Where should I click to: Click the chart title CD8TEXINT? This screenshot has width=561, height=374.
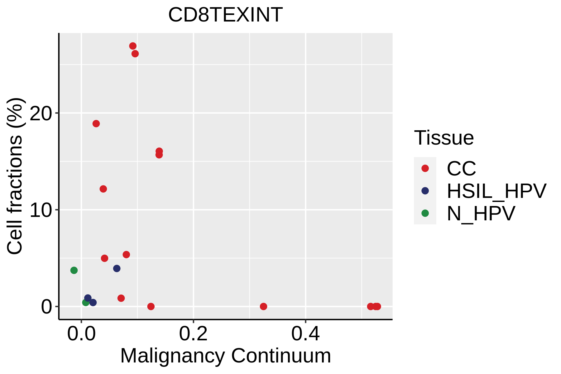(x=225, y=15)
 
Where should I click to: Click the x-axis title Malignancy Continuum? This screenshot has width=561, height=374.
(x=225, y=356)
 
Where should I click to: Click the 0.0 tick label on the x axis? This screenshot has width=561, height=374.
(x=81, y=334)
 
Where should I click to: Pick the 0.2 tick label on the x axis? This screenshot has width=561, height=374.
(x=193, y=334)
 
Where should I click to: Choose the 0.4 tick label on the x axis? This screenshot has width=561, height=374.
(x=305, y=334)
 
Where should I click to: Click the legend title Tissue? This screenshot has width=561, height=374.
(x=444, y=138)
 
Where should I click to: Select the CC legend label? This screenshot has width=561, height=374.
(x=461, y=169)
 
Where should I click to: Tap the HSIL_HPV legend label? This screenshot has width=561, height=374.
(x=496, y=191)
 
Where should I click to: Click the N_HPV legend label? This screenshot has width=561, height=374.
(x=481, y=213)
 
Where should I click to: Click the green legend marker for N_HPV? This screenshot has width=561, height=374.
(x=425, y=213)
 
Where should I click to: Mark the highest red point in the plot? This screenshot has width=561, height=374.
(x=133, y=46)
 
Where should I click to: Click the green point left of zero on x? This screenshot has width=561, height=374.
(x=74, y=270)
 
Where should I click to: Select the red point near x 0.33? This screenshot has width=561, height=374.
(x=263, y=306)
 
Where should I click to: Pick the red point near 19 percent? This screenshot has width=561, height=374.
(x=96, y=124)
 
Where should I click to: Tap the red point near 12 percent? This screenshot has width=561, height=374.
(x=103, y=189)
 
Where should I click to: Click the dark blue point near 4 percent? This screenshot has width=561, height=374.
(x=117, y=268)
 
